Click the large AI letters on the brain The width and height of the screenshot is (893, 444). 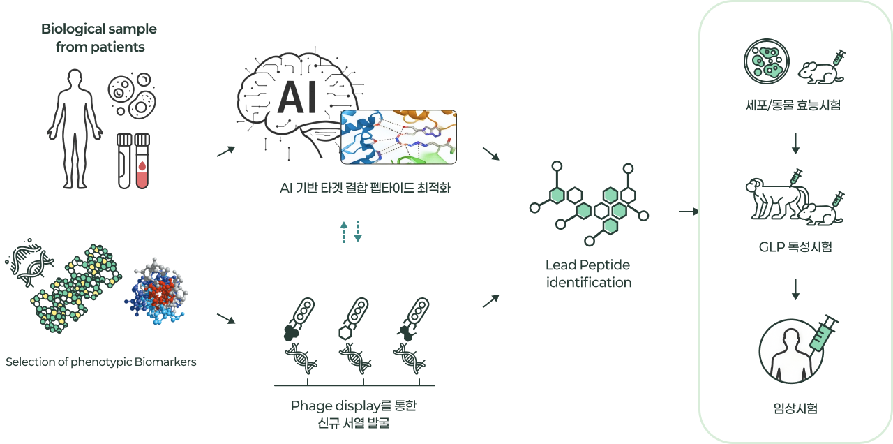(297, 98)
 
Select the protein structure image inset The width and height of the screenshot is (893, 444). (398, 137)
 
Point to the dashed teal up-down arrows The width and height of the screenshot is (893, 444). (350, 231)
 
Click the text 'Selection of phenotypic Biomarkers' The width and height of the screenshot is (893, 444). (101, 362)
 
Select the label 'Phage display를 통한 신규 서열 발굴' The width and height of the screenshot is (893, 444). (354, 414)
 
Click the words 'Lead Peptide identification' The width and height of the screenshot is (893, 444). (588, 274)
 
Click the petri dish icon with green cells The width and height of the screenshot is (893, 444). (765, 60)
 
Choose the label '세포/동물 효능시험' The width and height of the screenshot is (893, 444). (795, 105)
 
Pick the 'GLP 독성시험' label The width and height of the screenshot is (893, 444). (795, 247)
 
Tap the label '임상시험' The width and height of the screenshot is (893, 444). (795, 408)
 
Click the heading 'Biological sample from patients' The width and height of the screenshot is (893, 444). (99, 38)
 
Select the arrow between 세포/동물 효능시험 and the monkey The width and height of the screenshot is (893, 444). (795, 144)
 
